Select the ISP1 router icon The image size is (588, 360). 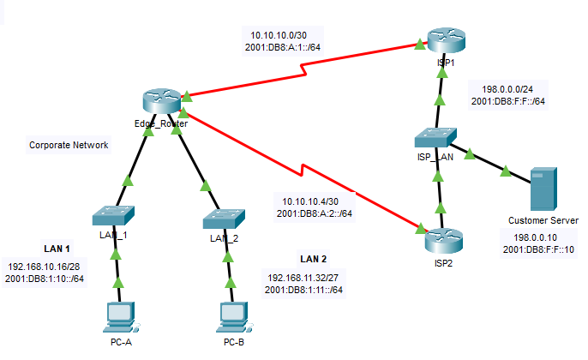443,41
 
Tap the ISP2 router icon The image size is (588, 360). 442,237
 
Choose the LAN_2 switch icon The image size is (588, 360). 225,219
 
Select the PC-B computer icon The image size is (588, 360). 233,316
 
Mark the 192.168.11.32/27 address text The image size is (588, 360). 303,278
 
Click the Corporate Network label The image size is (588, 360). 69,145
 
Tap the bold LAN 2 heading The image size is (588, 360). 313,258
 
